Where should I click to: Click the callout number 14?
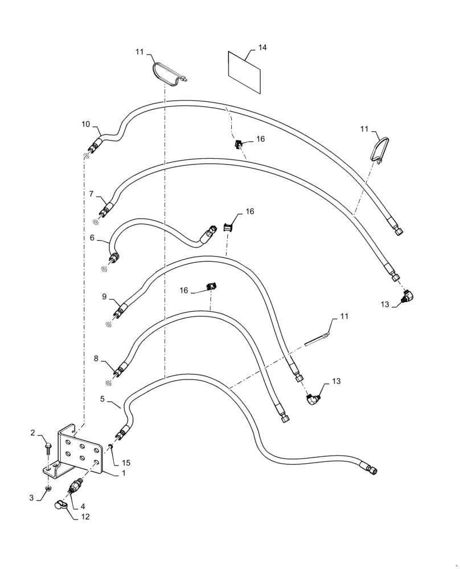[262, 48]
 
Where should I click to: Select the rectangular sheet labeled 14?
[244, 72]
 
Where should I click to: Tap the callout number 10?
[85, 124]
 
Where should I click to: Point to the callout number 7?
[92, 194]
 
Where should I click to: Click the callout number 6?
[92, 238]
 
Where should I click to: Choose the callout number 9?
[104, 296]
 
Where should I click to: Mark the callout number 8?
[96, 358]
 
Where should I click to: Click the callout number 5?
[102, 399]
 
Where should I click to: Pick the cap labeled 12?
[59, 504]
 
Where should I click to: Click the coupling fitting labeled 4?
[75, 488]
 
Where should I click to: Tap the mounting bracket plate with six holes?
[81, 450]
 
